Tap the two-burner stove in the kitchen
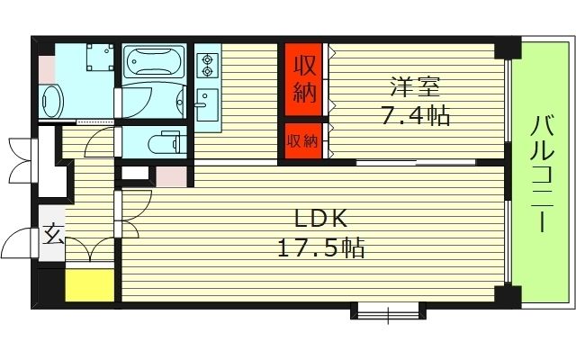208,63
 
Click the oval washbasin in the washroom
51,100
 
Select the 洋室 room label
412,88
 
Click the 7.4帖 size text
412,116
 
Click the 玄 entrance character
52,236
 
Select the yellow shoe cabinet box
89,284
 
